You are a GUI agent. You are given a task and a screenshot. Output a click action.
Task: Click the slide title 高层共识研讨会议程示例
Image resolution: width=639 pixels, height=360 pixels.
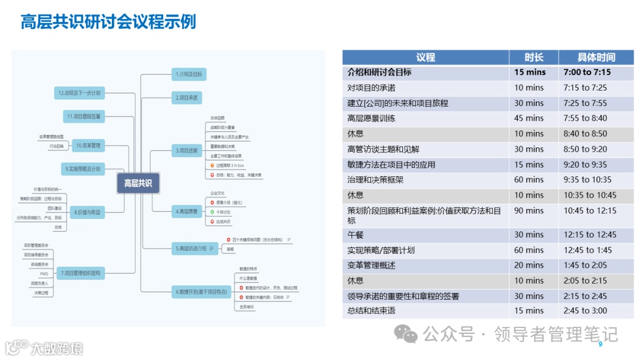coord(108,23)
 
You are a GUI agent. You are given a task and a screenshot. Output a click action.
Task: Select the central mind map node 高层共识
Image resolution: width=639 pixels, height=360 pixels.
coord(137,184)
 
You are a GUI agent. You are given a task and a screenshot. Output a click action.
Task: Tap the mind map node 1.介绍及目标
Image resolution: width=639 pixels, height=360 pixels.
coord(189,74)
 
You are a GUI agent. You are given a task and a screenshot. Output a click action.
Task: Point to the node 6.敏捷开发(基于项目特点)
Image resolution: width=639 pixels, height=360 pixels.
coord(201,292)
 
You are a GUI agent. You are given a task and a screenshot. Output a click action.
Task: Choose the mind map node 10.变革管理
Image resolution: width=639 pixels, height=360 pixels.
coord(88,144)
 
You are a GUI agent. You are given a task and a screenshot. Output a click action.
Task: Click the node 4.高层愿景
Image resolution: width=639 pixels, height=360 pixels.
coord(186,211)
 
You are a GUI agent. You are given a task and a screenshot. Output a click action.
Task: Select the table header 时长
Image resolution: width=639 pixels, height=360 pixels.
coord(534,57)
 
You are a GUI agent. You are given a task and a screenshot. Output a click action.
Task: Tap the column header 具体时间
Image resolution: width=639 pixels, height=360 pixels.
coord(596,57)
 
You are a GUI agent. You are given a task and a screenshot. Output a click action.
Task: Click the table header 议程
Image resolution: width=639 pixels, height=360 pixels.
coord(425,57)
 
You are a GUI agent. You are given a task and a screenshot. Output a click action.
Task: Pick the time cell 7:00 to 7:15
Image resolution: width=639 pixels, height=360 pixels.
coord(587,72)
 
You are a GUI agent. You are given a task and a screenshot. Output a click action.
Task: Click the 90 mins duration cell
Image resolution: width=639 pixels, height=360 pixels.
coord(529,211)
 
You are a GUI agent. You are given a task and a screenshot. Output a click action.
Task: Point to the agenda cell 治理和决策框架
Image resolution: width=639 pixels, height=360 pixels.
coord(375,180)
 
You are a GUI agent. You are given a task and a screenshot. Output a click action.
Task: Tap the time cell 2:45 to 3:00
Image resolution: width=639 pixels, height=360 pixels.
coord(585,311)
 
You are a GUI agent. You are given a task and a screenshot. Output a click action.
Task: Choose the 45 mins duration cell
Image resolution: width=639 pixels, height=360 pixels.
coord(529,118)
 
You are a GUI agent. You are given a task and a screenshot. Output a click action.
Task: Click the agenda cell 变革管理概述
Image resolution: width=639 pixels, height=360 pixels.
coord(371,266)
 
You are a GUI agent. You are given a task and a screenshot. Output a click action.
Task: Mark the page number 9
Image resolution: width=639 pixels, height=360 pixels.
coord(601,345)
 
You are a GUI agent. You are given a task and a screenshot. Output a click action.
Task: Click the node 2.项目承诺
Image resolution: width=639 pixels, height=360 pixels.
coord(186,97)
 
